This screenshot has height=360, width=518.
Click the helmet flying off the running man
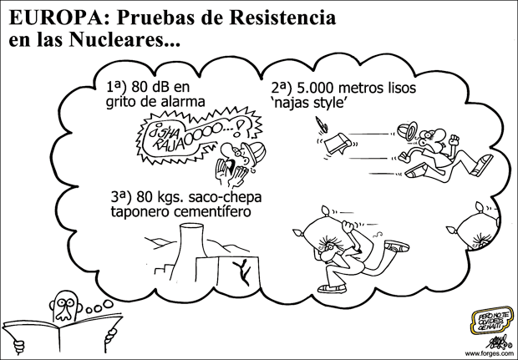coord(407,132)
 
